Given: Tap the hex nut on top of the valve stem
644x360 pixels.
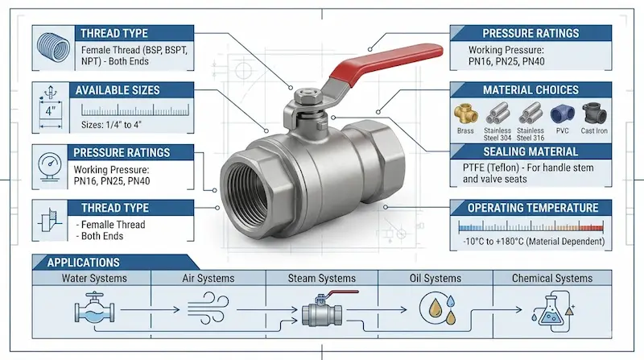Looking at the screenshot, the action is tap(304, 97).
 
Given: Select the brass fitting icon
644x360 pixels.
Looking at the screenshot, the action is tap(466, 114).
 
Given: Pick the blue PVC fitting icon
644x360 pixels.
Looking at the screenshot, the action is tap(562, 114).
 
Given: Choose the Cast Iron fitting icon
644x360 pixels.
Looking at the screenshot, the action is tap(594, 114).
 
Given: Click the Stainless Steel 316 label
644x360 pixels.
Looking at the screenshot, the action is tap(530, 134).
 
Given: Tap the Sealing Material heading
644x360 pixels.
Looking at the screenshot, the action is tap(530, 151).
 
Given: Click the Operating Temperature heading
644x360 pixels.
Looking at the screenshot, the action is tap(533, 208).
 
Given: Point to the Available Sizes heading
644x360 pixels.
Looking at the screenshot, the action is tap(118, 90).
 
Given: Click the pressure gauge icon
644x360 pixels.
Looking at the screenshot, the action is tap(50, 167).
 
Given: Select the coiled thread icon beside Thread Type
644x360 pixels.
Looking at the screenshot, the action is tap(53, 48).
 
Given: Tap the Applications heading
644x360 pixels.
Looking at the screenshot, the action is tap(84, 263).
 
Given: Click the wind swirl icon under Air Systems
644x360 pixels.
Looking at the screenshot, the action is tap(208, 308).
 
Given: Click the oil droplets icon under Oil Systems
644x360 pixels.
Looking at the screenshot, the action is tap(438, 308).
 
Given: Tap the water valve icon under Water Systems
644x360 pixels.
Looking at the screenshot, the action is tap(94, 308).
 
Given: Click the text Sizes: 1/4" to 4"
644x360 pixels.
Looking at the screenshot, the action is tap(111, 125).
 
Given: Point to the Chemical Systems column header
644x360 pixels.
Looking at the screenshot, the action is tap(552, 278).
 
